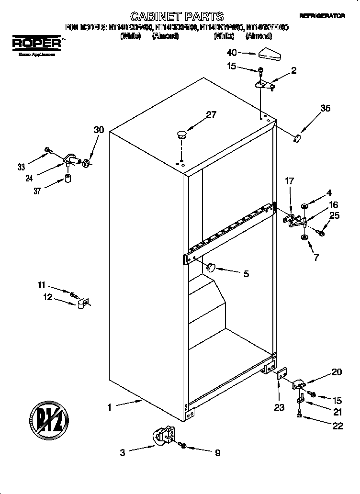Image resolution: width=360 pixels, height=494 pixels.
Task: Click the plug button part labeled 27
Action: pos(181,134)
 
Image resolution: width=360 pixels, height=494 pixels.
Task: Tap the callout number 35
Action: pos(325,109)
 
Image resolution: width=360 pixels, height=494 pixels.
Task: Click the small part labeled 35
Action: pos(297,138)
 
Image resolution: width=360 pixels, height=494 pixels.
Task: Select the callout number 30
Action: pos(98,130)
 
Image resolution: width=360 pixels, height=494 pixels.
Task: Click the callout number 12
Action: pos(47,297)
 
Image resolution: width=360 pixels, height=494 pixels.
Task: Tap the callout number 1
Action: pos(109,407)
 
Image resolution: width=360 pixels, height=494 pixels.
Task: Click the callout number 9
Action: pos(217,452)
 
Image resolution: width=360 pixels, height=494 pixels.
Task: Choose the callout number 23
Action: pos(279,407)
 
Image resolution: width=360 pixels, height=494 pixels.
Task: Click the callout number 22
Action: pos(337,426)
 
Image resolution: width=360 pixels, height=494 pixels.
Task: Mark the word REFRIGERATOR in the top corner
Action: pos(322,16)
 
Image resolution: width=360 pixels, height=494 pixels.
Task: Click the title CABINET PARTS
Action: pos(177,17)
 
